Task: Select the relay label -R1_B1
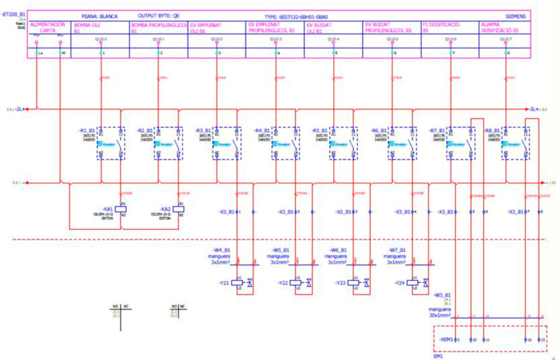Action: pyautogui.click(x=87, y=130)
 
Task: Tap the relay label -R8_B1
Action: pyautogui.click(x=492, y=130)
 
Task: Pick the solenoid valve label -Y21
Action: pyautogui.click(x=225, y=283)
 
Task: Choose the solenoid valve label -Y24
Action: pyautogui.click(x=400, y=283)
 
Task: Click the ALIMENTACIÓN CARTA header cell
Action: pyautogui.click(x=48, y=27)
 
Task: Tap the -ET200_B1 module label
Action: pyautogui.click(x=14, y=13)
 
